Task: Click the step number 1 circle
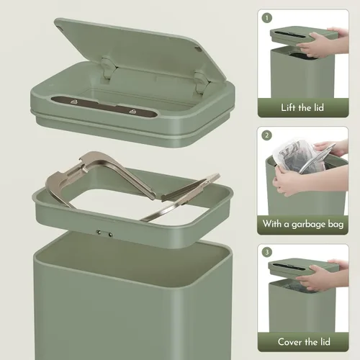coord(268,17)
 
